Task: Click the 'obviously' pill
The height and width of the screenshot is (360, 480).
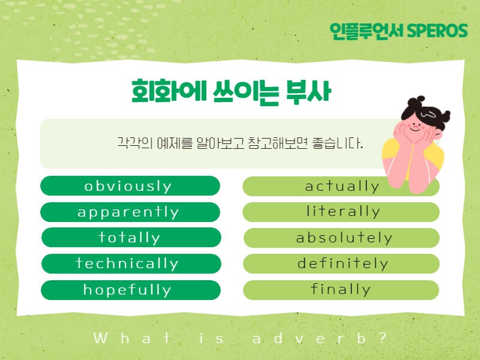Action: (x=130, y=186)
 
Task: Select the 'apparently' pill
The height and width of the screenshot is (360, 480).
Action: (x=130, y=212)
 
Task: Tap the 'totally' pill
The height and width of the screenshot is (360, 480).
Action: (x=131, y=237)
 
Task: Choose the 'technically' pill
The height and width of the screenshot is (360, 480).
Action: (x=131, y=263)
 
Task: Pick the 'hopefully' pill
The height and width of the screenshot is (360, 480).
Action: (x=131, y=290)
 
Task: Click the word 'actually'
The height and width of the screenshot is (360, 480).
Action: (x=342, y=186)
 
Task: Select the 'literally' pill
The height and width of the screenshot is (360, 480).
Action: (x=341, y=212)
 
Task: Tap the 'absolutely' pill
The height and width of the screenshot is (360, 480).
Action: (x=341, y=238)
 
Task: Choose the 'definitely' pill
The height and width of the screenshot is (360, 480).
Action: (x=341, y=263)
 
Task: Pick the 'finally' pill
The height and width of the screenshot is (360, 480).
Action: (x=341, y=290)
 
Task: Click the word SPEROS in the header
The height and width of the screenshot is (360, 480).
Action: (x=437, y=31)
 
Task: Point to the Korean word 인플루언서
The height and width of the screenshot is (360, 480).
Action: (x=368, y=31)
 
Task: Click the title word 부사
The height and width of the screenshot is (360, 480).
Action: (x=308, y=91)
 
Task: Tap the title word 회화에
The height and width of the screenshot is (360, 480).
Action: (x=169, y=91)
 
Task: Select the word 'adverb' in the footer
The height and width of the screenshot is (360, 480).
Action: (x=309, y=338)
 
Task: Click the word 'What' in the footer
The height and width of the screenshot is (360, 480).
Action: (x=132, y=338)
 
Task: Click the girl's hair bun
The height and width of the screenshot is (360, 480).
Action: (x=416, y=101)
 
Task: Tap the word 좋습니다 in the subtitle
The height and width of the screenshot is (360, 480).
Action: (x=337, y=143)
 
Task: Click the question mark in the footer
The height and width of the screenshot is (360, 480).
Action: (x=383, y=338)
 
